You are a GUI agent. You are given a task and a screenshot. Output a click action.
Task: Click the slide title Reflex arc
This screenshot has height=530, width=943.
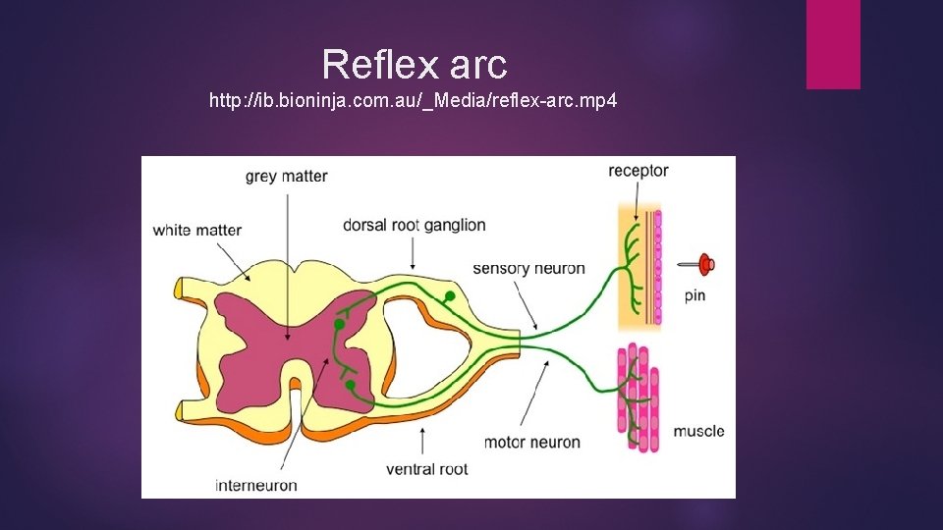pos(414,65)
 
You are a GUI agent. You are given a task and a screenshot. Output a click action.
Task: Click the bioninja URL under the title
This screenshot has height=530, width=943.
pos(413,101)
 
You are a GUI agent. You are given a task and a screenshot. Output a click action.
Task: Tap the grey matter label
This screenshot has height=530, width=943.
pos(286,177)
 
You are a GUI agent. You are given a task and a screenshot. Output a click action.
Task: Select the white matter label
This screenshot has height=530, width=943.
pos(196,231)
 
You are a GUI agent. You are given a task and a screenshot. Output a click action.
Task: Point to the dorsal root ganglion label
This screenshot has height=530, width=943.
pos(414,225)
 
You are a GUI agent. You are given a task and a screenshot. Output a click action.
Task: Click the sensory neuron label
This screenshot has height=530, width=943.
pos(528,268)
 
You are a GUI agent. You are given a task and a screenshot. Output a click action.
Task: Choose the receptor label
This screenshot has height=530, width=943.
pos(638,171)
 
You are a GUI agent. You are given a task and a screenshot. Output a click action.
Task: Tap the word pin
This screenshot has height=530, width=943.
pos(694,295)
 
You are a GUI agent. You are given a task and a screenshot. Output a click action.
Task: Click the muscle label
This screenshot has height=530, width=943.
pos(698,431)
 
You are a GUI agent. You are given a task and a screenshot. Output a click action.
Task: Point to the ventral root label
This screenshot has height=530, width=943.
pos(426,469)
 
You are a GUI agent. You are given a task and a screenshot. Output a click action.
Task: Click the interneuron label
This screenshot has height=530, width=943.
pos(256,485)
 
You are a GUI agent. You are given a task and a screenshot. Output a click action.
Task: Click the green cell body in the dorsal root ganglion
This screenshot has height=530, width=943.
pos(450,295)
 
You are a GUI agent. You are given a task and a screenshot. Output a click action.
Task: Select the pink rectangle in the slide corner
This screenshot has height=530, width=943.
pos(833,44)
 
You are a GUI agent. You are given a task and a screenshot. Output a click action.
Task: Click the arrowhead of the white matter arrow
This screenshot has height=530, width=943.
pos(250,280)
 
